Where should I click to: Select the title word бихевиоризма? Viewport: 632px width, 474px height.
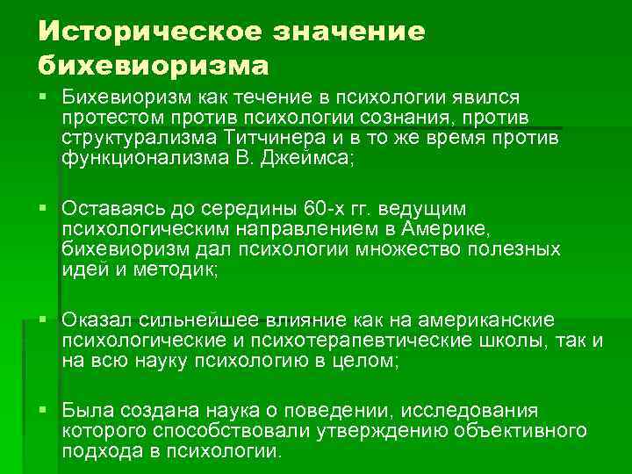(154, 65)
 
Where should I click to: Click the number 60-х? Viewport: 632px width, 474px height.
(321, 209)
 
